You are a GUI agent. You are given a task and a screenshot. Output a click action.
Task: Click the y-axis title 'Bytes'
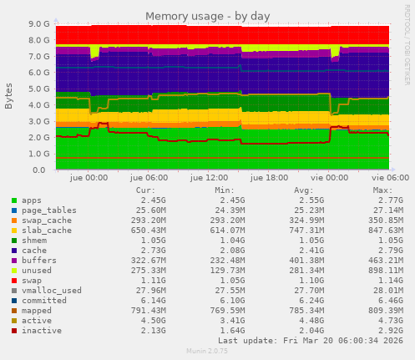point(9,96)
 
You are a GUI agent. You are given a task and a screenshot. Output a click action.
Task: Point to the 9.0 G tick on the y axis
point(38,24)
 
